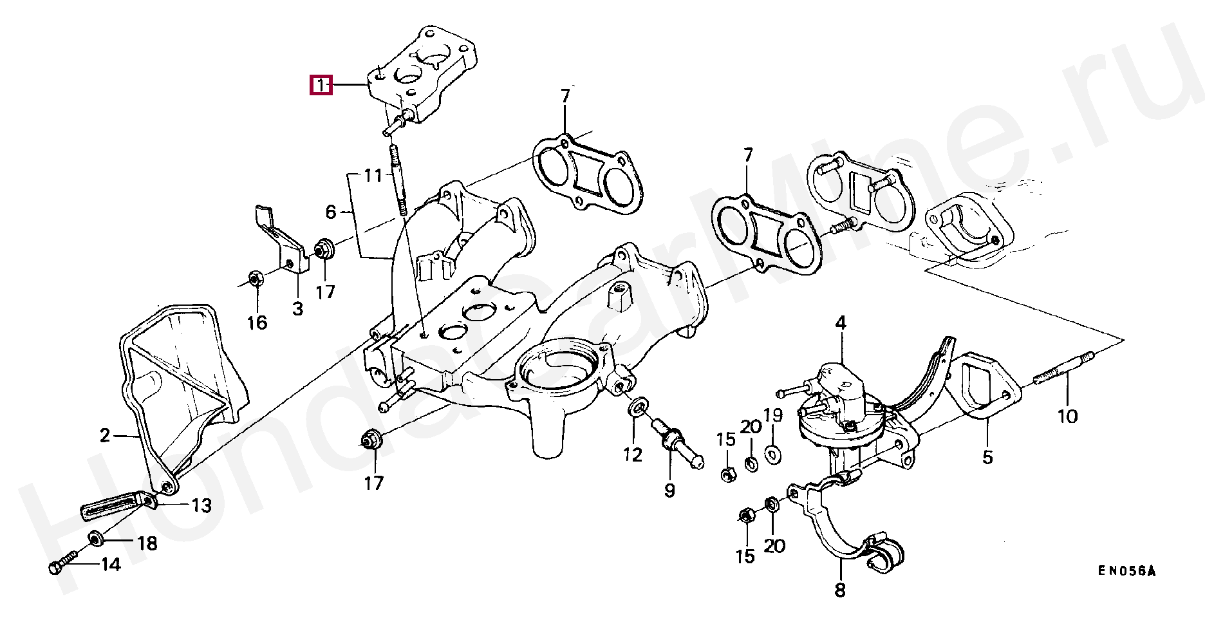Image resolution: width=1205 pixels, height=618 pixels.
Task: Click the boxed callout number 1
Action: click(321, 85)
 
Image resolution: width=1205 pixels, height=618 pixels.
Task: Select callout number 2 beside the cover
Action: click(106, 436)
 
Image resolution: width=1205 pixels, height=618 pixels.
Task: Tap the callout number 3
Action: click(297, 309)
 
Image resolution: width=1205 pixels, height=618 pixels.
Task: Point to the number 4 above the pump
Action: click(841, 323)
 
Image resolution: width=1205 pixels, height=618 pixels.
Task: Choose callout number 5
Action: click(987, 458)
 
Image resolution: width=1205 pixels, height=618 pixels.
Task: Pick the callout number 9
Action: click(669, 491)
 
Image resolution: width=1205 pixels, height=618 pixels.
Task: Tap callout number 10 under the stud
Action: click(1067, 417)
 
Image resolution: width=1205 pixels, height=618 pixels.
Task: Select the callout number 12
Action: click(633, 455)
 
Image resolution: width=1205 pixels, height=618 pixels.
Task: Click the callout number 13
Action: click(201, 505)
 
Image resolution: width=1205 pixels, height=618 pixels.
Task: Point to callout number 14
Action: click(111, 565)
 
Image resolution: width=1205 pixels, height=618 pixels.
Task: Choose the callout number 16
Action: click(257, 323)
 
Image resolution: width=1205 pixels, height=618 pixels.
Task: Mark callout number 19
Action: click(773, 415)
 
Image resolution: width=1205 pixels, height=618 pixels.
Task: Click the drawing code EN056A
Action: click(1126, 571)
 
